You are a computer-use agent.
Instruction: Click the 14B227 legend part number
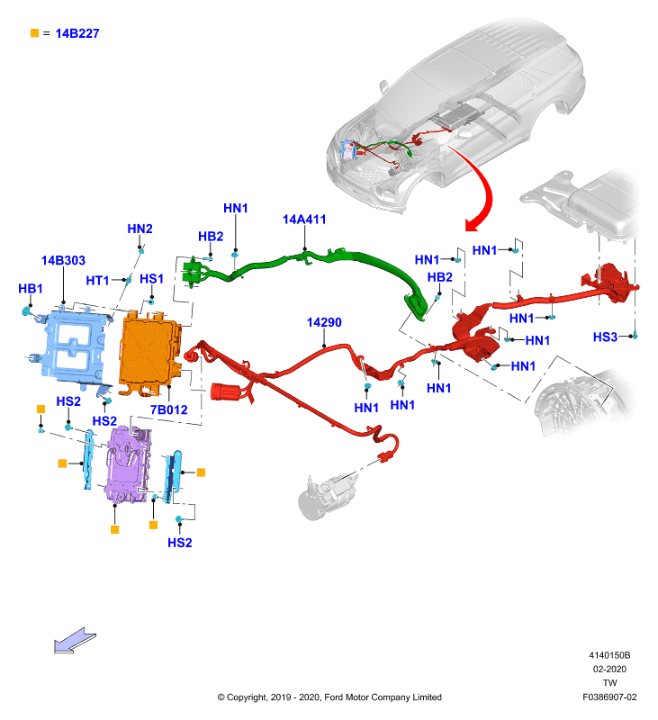[x=77, y=33]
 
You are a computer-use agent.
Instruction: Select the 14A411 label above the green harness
[x=304, y=220]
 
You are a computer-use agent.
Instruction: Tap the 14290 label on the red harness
[x=324, y=322]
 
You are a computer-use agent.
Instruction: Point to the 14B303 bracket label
[x=63, y=260]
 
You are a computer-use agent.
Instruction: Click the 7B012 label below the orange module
[x=169, y=409]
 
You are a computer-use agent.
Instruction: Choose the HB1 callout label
[x=31, y=288]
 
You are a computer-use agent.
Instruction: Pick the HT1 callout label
[x=97, y=280]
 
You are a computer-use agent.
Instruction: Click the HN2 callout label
[x=140, y=229]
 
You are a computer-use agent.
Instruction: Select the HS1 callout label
[x=151, y=279]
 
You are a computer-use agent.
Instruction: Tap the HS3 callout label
[x=605, y=337]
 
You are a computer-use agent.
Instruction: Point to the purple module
[x=128, y=464]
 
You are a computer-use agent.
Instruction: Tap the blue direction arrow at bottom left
[x=75, y=640]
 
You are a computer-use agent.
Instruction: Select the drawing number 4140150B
[x=609, y=655]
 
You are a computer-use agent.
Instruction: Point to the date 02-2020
[x=609, y=669]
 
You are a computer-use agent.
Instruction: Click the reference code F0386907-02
[x=609, y=697]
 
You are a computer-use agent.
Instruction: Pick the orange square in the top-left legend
[x=34, y=33]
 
